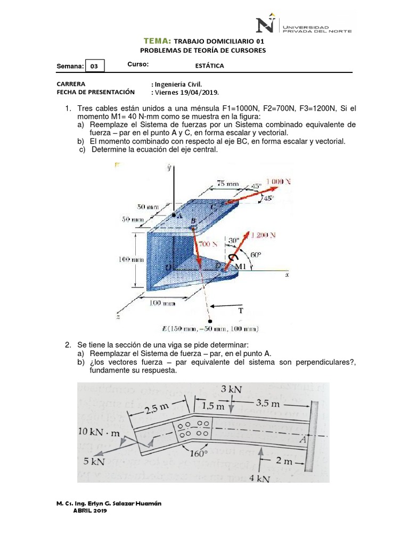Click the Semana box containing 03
94,67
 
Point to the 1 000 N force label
279,181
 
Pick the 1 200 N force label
265,235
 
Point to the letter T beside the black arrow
240,310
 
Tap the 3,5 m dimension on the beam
267,403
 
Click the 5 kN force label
94,461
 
